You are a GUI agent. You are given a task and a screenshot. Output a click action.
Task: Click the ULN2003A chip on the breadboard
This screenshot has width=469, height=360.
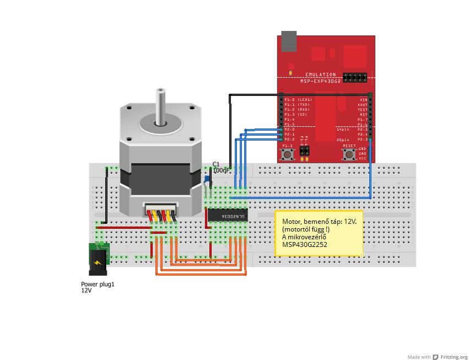click(227, 217)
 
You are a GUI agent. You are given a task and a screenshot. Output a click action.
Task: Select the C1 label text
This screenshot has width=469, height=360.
click(216, 164)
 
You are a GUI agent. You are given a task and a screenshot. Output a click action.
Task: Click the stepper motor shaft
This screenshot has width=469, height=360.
click(160, 105)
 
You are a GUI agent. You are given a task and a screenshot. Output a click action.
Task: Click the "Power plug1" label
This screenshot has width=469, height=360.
click(98, 284)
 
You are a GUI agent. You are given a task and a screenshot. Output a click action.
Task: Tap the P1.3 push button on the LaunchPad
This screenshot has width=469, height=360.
click(287, 154)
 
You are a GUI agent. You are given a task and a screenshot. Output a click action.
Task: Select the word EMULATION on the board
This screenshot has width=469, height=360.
click(320, 74)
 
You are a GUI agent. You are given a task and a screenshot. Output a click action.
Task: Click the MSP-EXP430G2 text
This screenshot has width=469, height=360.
click(320, 80)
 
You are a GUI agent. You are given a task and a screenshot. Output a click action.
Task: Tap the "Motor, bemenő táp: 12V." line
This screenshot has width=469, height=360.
click(319, 221)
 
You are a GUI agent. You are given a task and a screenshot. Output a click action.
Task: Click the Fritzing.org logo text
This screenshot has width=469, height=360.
click(454, 357)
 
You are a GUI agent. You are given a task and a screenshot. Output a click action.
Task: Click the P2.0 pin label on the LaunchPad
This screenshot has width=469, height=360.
click(289, 130)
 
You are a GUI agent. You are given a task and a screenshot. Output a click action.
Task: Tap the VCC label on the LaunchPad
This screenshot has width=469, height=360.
click(362, 159)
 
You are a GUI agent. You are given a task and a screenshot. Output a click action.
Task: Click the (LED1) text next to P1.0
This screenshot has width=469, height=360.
click(304, 100)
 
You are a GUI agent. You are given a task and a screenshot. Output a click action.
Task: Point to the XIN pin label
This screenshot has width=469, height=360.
click(363, 100)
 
